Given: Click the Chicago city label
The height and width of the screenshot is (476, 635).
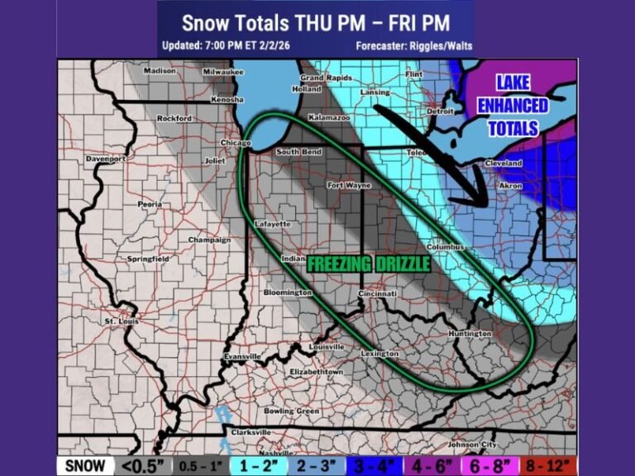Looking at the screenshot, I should (236, 143).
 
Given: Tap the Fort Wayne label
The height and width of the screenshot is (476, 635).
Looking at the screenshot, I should (348, 186).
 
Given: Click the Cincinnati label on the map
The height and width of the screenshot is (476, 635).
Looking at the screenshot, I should (378, 293).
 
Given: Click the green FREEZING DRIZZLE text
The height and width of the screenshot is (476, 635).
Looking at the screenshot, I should (369, 264).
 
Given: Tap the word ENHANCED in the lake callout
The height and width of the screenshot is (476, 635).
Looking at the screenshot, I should (513, 106).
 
